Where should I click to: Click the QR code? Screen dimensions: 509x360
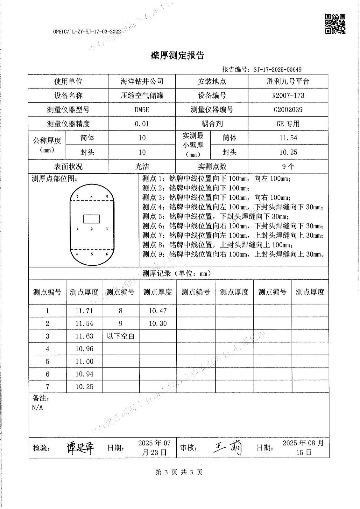pos(335,24)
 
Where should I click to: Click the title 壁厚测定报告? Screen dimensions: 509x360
pos(177,56)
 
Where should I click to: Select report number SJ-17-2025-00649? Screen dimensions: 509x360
pos(278,70)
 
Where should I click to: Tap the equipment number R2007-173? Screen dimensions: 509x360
pos(288,95)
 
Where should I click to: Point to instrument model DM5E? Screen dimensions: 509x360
pos(142,110)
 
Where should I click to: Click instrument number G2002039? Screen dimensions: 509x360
pos(288,110)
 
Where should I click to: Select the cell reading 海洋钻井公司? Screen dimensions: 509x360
pos(142,81)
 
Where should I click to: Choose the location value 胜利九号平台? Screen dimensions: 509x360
pos(288,81)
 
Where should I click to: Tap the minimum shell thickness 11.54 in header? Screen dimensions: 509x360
pos(288,138)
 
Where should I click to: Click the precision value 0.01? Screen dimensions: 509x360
pos(142,124)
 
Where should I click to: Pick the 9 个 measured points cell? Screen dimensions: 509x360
pos(288,166)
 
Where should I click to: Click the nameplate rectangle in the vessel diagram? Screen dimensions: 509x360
pos(92,219)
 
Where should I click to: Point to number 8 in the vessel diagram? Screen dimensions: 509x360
pos(92,197)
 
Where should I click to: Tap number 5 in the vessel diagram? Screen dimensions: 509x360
pos(92,254)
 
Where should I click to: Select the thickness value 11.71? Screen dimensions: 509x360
pos(84,311)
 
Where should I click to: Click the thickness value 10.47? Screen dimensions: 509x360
pos(158,311)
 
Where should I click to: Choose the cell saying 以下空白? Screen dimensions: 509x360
pos(121,336)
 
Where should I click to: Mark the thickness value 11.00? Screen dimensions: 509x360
pos(84,361)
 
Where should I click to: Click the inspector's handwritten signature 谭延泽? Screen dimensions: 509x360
pos(80,448)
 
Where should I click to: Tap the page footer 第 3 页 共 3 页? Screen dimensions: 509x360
pos(179,472)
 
